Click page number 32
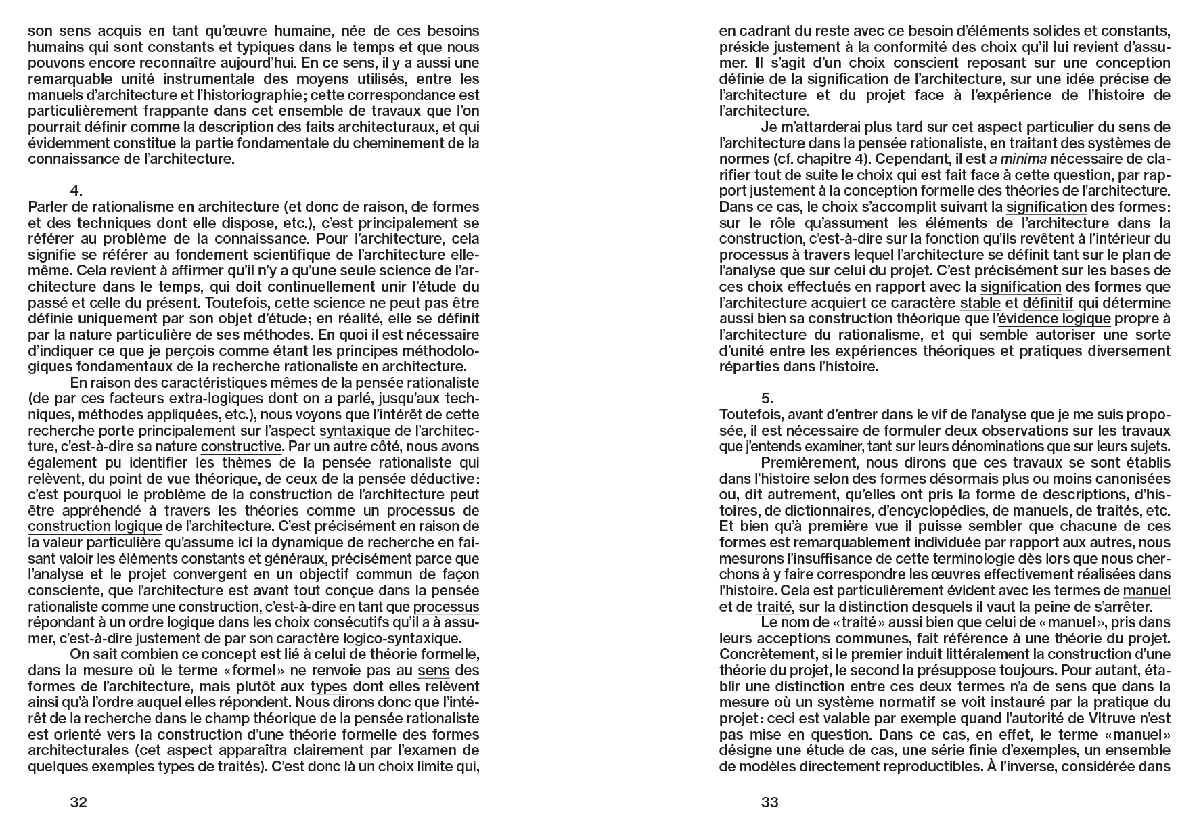point(78,802)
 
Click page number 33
point(769,802)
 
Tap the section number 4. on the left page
point(76,191)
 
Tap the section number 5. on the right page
point(767,399)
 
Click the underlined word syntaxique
point(355,431)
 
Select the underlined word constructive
point(241,447)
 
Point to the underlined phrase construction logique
point(95,526)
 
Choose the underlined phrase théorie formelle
point(423,654)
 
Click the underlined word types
point(329,687)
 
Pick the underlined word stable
point(980,302)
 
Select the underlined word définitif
point(1047,302)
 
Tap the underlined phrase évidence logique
point(1054,319)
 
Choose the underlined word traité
point(773,607)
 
